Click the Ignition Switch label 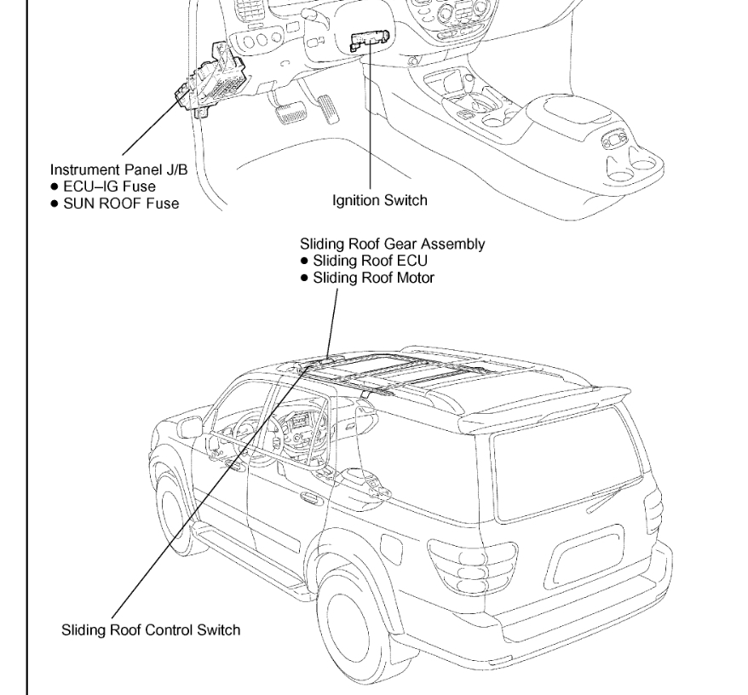coord(379,201)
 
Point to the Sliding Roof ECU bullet coord(371,259)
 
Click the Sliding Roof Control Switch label coord(150,630)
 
